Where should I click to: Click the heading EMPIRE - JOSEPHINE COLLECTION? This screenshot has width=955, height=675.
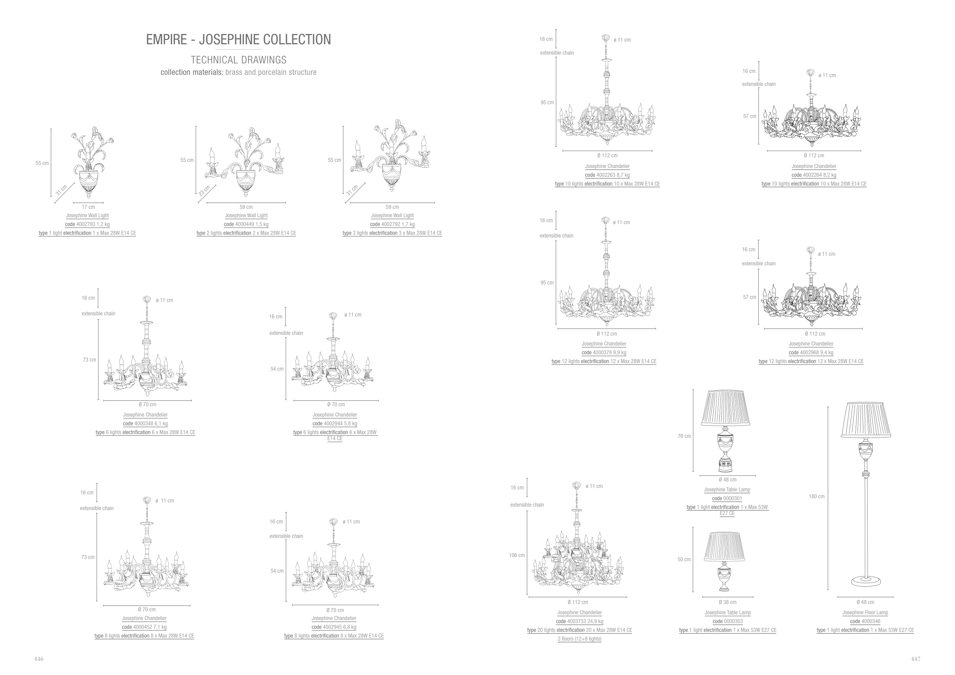pos(238,39)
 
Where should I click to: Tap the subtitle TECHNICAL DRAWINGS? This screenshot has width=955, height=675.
pos(238,60)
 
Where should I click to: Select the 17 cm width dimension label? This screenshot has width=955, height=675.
pos(88,207)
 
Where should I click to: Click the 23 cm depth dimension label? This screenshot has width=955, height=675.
pos(204,191)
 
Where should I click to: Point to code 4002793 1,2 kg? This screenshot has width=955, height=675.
pos(87,224)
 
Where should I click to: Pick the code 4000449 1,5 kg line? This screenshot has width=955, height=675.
pos(246,224)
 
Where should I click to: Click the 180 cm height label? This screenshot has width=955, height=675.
pos(816,497)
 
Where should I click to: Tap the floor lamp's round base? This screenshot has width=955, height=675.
pos(866,581)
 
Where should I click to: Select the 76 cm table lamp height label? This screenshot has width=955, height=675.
pos(684,436)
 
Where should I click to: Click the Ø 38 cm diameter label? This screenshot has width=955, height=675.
pos(727,602)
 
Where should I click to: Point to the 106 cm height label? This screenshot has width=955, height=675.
pos(517,555)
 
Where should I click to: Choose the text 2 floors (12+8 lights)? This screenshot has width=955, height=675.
pos(579,639)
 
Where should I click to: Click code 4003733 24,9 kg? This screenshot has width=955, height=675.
pos(579,622)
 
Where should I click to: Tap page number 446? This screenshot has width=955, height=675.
pos(39,659)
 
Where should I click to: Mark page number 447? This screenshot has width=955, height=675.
pos(916,659)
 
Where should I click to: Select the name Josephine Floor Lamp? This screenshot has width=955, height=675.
pos(865,613)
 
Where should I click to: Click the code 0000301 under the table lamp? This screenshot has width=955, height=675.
pos(727,498)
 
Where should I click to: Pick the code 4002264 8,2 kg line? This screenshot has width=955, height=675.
pos(814,175)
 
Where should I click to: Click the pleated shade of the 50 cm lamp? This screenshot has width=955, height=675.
pos(724,546)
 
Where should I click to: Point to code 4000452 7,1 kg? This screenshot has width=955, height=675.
pos(144,627)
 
